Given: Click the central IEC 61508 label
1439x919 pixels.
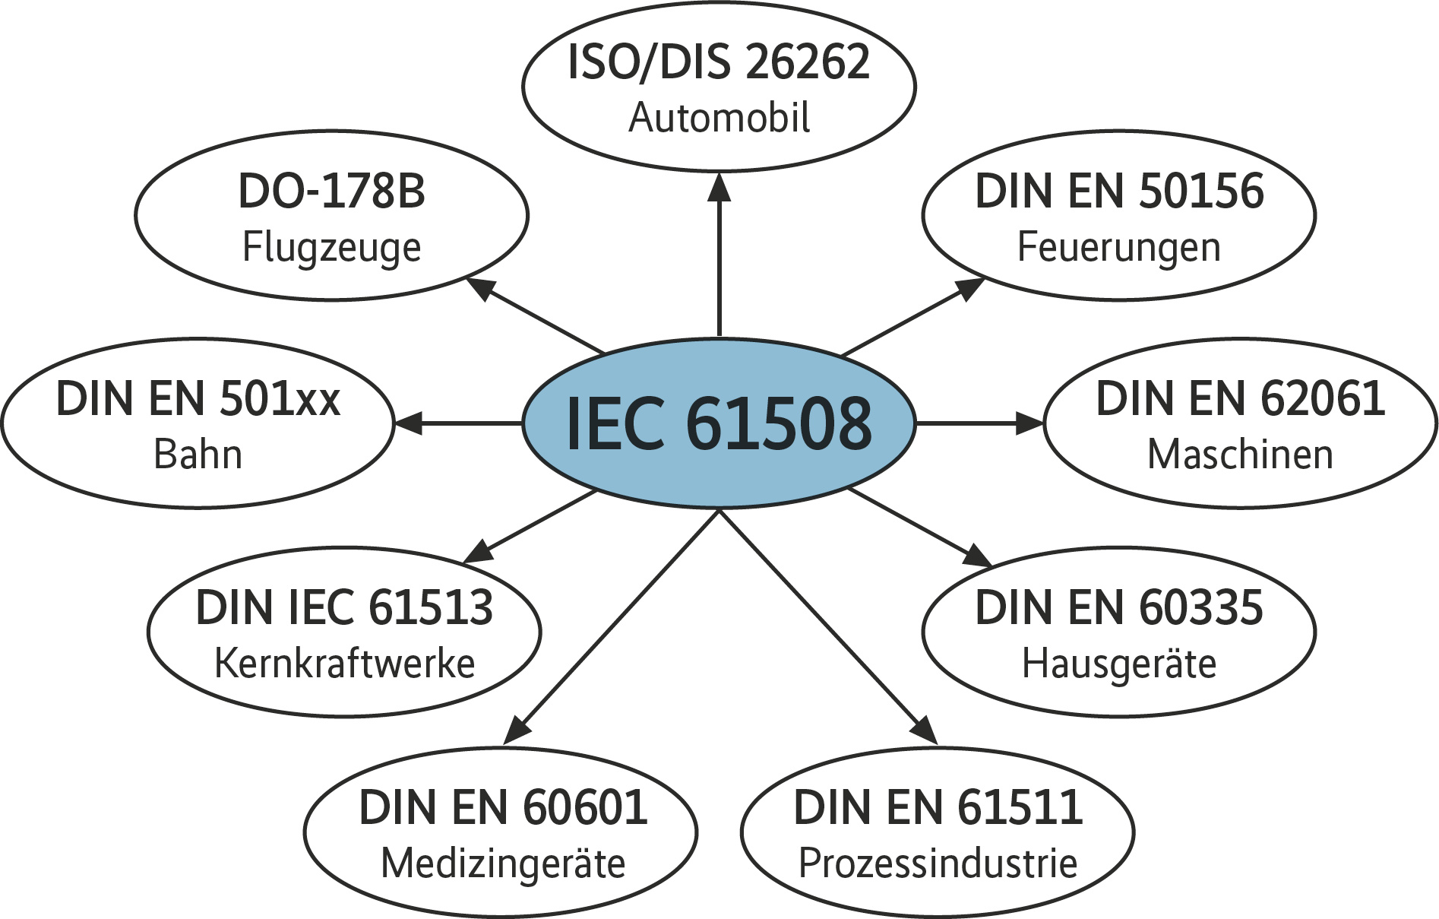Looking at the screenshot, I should [719, 423].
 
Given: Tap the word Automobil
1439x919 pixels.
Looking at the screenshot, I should [719, 119].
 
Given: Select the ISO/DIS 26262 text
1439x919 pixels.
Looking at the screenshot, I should [719, 62].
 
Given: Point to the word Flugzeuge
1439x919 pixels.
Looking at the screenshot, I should [331, 248].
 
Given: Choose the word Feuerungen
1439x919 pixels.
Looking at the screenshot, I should [1118, 248].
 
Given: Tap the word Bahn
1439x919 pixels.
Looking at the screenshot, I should [198, 455].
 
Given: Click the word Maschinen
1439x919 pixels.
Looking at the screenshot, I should [1240, 455].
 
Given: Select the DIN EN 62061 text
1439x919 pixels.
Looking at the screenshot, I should [1240, 399].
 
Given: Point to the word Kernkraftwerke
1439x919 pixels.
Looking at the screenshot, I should [344, 663].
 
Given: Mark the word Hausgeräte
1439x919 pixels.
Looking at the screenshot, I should [1118, 663].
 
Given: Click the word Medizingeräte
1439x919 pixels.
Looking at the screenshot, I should [502, 864].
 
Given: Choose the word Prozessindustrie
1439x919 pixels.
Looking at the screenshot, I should [938, 864].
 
